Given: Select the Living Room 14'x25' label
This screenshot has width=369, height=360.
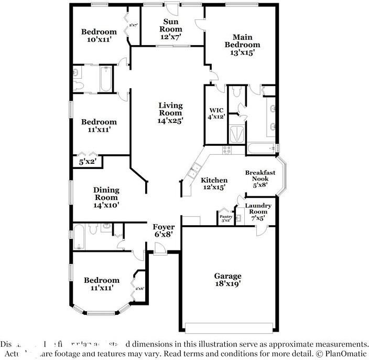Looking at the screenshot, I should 171,113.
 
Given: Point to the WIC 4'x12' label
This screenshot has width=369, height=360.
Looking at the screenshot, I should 216,114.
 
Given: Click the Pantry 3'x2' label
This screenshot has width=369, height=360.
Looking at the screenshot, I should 226,218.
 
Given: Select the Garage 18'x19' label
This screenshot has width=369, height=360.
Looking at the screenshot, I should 227,280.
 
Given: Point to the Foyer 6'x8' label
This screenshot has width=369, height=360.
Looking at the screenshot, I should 163,231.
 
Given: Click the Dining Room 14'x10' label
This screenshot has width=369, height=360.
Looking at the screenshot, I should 106,198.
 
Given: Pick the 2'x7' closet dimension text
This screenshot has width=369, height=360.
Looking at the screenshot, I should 134,25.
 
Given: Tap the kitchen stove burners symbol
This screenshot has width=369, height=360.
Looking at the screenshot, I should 226,150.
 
